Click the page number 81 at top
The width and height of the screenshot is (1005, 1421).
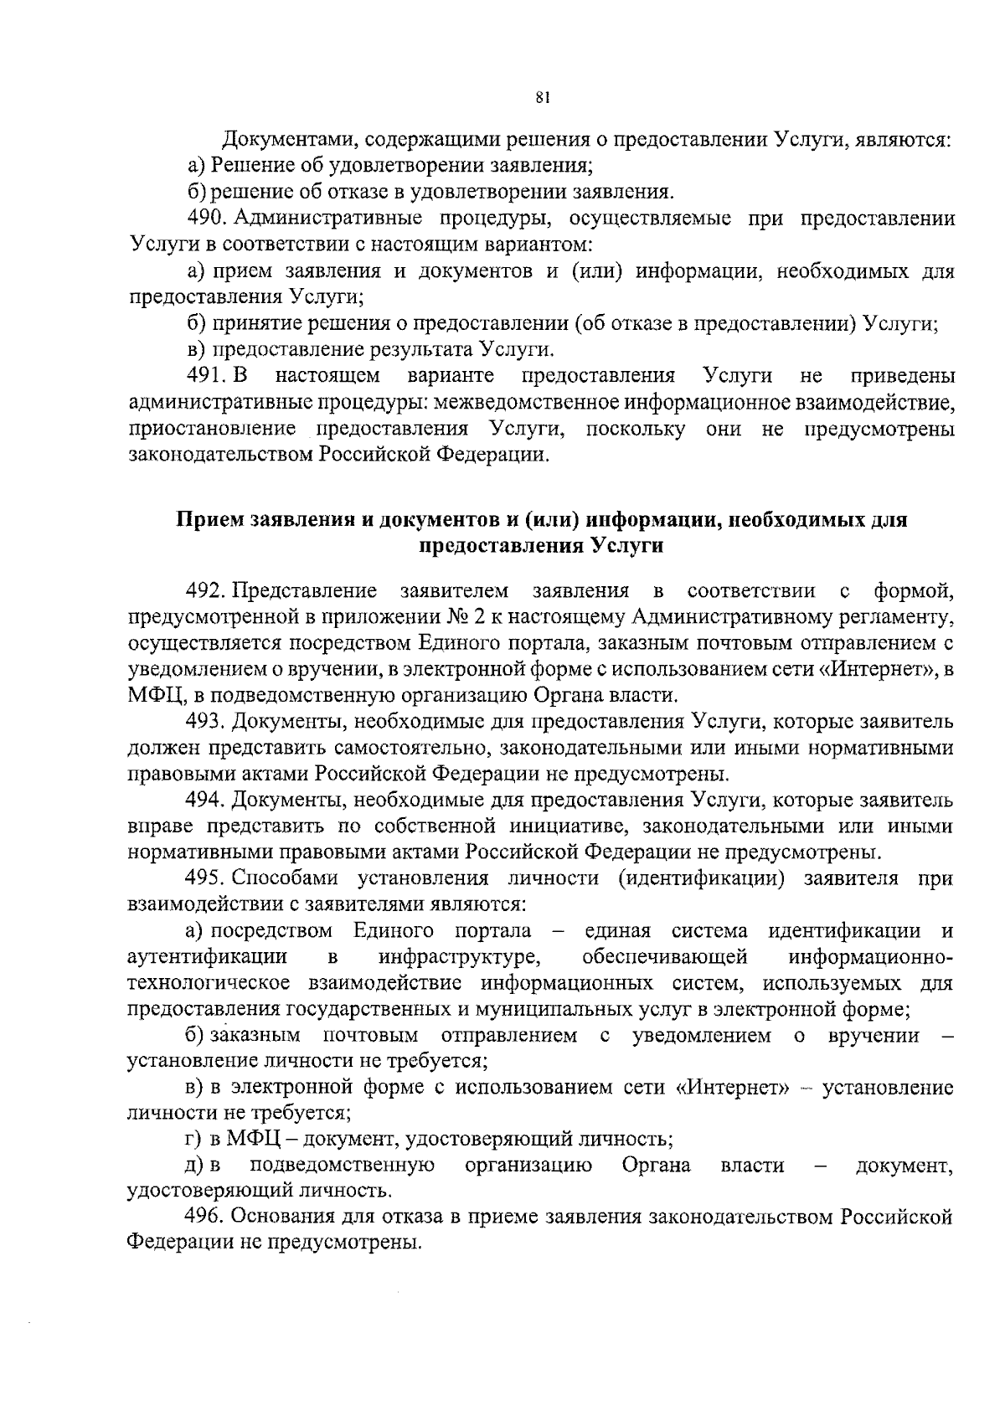[540, 98]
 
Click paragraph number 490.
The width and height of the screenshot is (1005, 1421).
[205, 219]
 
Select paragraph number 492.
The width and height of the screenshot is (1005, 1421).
[205, 592]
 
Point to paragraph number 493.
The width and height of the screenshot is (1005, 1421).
[205, 721]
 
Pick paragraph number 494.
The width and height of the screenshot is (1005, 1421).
[205, 801]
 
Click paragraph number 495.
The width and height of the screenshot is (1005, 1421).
[205, 878]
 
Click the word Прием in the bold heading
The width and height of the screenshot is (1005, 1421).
[210, 520]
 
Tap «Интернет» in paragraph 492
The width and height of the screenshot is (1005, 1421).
[876, 670]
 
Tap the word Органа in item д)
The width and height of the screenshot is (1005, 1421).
[657, 1165]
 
